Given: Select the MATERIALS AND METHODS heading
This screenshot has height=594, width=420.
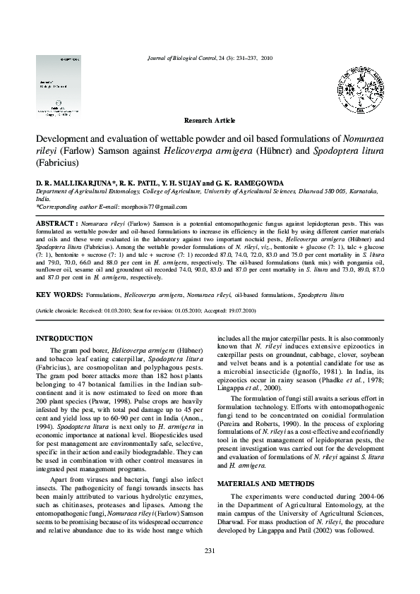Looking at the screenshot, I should pos(262,464).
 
